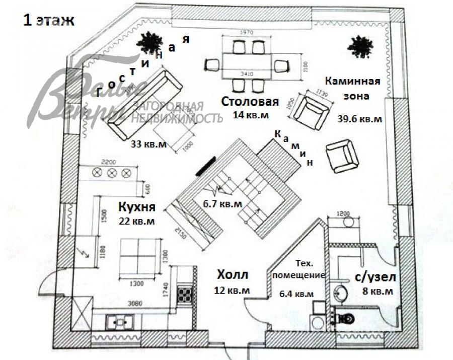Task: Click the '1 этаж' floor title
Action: (49, 21)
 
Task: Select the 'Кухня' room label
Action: (136, 207)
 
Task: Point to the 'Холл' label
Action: (233, 275)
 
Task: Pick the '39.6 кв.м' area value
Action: (360, 119)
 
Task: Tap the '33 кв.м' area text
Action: (149, 144)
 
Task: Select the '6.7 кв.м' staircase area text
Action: (222, 204)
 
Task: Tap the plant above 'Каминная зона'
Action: (359, 47)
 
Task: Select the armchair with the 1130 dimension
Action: (311, 110)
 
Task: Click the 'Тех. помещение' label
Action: (304, 269)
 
